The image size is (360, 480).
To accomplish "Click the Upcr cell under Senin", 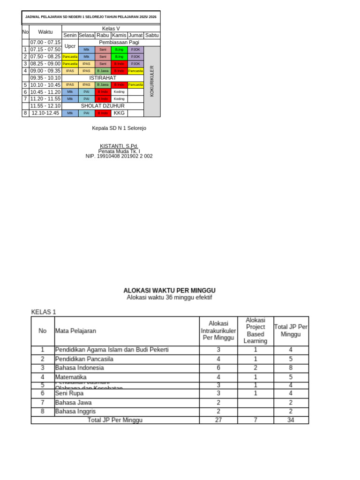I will (70, 46).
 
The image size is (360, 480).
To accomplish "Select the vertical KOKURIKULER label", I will (152, 81).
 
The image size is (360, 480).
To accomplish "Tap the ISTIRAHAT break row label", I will (103, 78).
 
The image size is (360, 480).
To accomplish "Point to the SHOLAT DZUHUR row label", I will (103, 106).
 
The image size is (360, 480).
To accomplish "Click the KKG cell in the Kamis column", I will (119, 113).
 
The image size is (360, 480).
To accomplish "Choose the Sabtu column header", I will (152, 35).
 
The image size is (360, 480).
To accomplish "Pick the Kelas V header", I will (111, 29).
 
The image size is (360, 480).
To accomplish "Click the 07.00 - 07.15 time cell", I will (45, 42).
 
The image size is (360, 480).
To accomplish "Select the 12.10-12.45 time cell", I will (45, 113).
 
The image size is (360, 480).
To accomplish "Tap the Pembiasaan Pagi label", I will (119, 42).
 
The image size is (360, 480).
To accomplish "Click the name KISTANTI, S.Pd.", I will (119, 146).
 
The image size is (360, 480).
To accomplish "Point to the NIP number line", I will (119, 156).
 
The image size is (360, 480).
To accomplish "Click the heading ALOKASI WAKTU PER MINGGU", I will (169, 291).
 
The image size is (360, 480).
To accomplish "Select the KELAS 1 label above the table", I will (44, 312).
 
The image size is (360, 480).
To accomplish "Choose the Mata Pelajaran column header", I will (75, 330).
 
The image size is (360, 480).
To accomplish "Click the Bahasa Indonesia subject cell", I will (80, 368).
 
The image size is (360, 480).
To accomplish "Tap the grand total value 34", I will (291, 420).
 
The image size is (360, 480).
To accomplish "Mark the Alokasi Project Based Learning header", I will (255, 330).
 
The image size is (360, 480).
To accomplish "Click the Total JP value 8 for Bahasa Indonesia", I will (291, 368).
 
